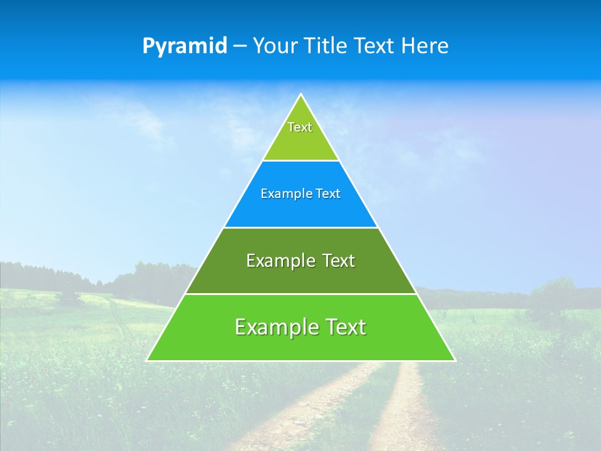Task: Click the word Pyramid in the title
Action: (x=185, y=46)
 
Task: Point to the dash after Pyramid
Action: (x=240, y=46)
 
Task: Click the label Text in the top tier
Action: (x=300, y=127)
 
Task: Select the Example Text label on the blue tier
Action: (x=300, y=194)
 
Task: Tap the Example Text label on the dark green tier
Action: (x=300, y=261)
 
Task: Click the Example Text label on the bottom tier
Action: (x=300, y=327)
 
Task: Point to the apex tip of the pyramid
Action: (x=301, y=95)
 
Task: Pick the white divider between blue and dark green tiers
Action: (x=300, y=227)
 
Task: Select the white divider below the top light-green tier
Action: (x=300, y=161)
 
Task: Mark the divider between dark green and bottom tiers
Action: (x=300, y=294)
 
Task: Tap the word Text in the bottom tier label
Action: (x=342, y=327)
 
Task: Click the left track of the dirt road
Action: (x=313, y=407)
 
